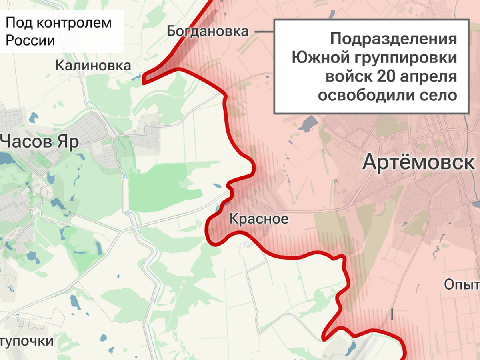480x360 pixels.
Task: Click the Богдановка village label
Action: point(208,31)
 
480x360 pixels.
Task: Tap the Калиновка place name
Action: point(93,65)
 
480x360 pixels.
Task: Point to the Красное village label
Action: point(258,219)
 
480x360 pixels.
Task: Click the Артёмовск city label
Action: point(418,163)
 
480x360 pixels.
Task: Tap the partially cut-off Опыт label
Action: point(462,284)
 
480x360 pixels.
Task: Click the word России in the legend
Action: point(30,41)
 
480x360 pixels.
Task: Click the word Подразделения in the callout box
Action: point(394,39)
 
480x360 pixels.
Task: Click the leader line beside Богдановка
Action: point(264,31)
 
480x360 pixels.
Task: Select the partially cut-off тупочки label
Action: point(26,341)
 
